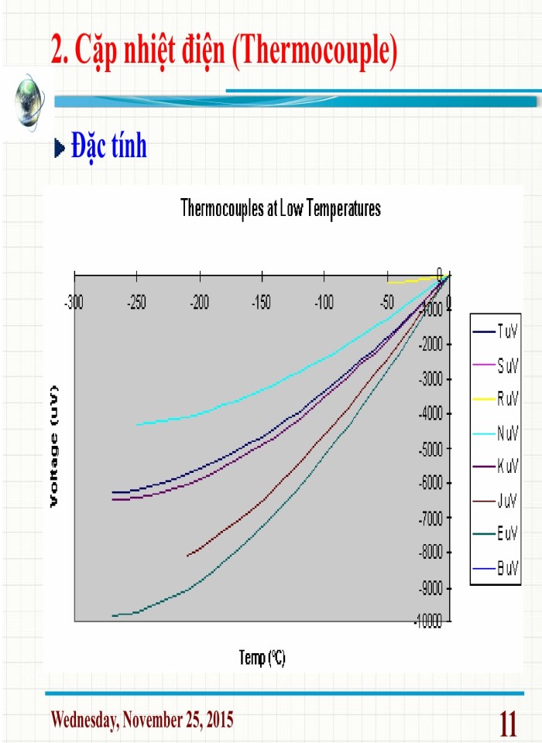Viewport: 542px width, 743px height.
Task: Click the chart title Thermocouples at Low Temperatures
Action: point(280,208)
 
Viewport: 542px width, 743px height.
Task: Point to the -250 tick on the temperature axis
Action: point(136,302)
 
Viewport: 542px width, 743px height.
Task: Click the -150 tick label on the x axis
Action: point(262,302)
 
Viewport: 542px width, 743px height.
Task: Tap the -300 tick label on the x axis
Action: point(74,302)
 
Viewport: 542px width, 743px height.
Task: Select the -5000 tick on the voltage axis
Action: point(431,448)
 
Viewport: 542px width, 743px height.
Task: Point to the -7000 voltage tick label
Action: point(431,518)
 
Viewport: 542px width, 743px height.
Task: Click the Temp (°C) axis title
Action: point(262,659)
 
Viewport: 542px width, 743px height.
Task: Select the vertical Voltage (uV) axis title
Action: point(55,447)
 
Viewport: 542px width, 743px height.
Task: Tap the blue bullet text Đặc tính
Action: point(108,146)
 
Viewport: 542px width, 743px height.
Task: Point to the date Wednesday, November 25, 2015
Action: point(142,720)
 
